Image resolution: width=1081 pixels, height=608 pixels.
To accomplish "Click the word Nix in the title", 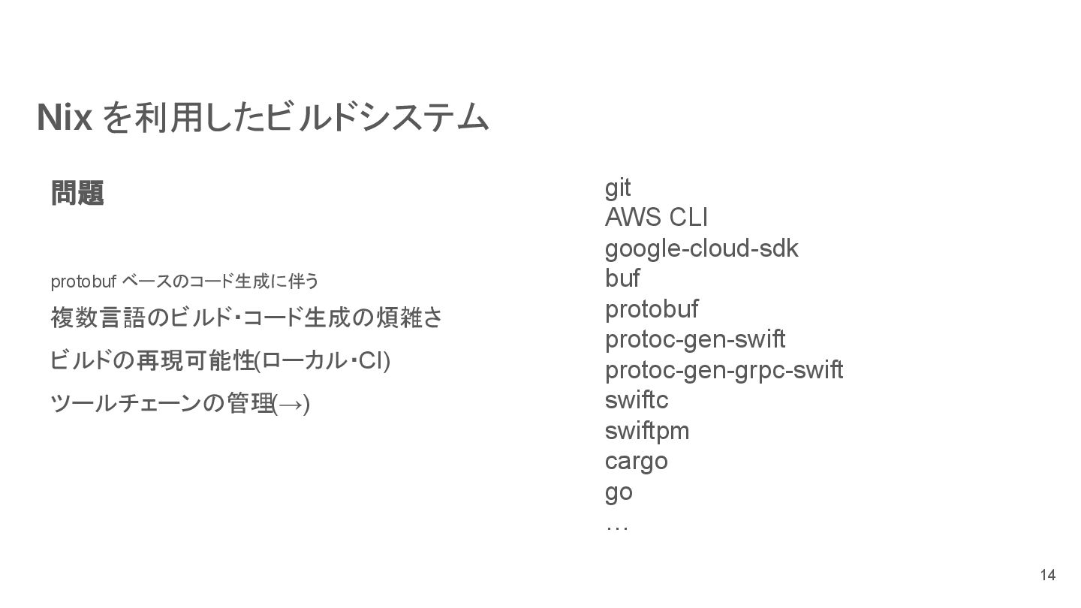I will [x=65, y=119].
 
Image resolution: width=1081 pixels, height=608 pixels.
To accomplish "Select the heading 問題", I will [x=77, y=193].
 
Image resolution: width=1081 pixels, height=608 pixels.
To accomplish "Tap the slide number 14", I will [x=1047, y=576].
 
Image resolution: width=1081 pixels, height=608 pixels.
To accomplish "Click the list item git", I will [x=618, y=188].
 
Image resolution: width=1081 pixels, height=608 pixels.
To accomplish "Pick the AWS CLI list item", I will [x=656, y=218].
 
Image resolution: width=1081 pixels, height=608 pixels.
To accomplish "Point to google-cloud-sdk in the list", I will [x=701, y=248].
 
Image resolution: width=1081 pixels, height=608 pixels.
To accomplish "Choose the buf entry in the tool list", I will [x=622, y=278].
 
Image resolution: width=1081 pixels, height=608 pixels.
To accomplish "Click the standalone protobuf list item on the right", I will [x=652, y=309].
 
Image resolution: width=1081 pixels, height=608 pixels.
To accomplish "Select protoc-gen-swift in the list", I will [x=695, y=339].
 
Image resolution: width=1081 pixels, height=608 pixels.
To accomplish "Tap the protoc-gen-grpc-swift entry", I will [x=724, y=370].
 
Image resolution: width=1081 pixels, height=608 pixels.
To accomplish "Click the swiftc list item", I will [x=637, y=400].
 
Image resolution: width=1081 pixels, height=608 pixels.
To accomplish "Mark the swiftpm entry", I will [x=647, y=431].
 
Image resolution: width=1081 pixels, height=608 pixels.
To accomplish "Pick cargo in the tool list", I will [x=636, y=461].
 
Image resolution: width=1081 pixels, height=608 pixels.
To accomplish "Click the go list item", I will [x=619, y=492].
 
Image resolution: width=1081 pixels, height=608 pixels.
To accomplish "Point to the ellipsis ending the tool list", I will [x=616, y=527].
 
